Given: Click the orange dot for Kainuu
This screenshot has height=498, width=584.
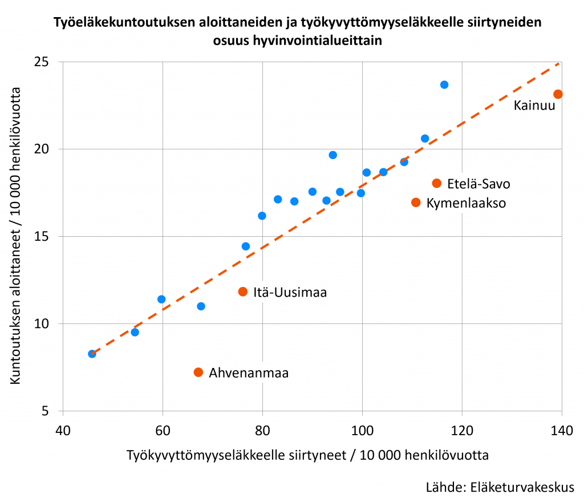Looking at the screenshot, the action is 558,94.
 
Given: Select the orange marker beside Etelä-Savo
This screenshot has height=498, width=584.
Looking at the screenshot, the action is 437,183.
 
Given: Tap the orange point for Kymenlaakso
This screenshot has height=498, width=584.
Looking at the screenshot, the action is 416,203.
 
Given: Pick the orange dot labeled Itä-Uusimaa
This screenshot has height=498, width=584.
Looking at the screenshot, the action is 243,291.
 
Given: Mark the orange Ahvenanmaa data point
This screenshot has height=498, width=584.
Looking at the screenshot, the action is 198,373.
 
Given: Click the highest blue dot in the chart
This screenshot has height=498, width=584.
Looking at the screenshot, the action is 444,85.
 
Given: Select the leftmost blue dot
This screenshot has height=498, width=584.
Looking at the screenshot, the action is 92,354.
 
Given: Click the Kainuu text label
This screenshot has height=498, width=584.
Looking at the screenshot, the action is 534,106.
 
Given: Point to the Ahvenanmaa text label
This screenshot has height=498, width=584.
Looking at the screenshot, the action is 249,373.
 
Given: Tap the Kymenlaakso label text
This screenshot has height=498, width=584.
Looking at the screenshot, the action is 467,204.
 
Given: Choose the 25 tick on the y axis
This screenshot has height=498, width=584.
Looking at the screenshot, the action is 41,62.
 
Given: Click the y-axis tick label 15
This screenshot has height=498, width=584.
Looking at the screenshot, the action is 41,237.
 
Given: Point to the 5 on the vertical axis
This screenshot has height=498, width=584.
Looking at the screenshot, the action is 45,411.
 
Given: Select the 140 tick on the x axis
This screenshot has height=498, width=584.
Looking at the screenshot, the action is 562,431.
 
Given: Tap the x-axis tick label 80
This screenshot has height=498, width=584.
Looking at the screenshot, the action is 262,431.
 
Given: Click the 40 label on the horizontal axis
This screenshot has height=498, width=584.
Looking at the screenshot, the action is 63,431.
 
